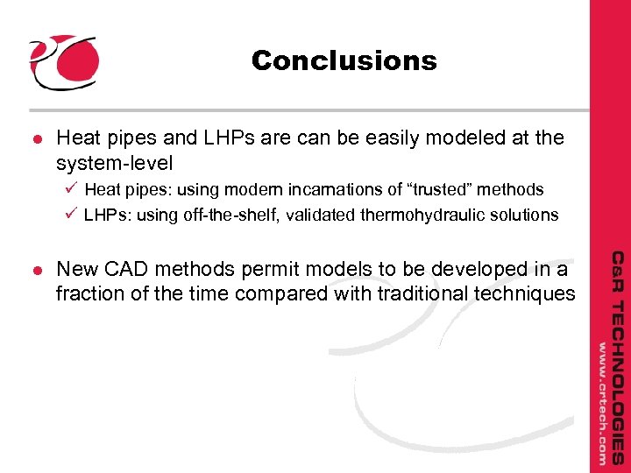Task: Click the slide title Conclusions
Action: [x=344, y=60]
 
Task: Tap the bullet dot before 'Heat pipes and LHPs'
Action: [x=34, y=139]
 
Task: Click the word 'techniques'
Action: [x=524, y=295]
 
